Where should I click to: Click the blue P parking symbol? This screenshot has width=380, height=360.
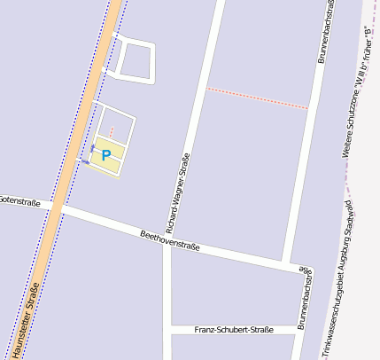pos(106,155)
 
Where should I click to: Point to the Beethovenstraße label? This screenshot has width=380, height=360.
pos(169,239)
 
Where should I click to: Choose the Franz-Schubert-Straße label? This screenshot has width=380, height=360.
pos(233,329)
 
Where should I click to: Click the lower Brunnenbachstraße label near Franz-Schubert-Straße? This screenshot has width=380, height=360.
pos(304,298)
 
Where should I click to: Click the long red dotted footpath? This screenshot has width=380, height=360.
pos(258,98)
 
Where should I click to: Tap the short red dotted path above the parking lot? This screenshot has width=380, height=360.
pos(112,132)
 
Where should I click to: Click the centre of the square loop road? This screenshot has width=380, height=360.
pos(135,60)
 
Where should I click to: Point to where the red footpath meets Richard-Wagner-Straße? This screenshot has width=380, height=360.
pos(206,88)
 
